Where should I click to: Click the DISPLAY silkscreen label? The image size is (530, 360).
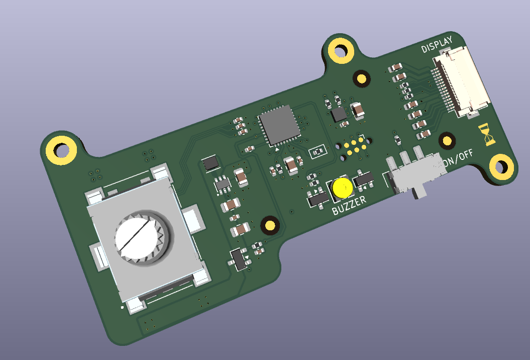(437, 45)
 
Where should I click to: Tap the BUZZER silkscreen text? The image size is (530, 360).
(349, 205)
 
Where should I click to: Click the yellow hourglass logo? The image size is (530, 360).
(487, 134)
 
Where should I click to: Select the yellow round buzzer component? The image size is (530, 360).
(343, 188)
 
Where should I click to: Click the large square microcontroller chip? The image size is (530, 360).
(279, 125)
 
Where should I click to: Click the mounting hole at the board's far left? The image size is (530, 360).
(61, 150)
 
